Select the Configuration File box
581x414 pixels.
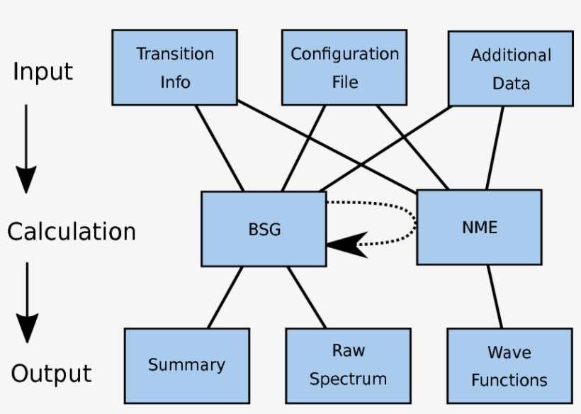(344, 67)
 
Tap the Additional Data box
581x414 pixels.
(510, 68)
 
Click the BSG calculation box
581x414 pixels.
(264, 228)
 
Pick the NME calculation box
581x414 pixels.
(479, 227)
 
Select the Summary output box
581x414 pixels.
(186, 364)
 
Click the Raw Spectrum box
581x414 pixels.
(348, 364)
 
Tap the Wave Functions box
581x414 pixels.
(509, 366)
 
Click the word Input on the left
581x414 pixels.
(43, 72)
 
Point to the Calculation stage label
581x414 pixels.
(71, 232)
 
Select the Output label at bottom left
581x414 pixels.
(51, 374)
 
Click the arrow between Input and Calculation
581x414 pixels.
(26, 149)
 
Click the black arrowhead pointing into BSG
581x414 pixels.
(344, 243)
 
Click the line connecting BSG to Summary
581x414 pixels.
(225, 297)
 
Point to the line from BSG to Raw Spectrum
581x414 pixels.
(307, 297)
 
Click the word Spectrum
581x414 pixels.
(348, 379)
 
